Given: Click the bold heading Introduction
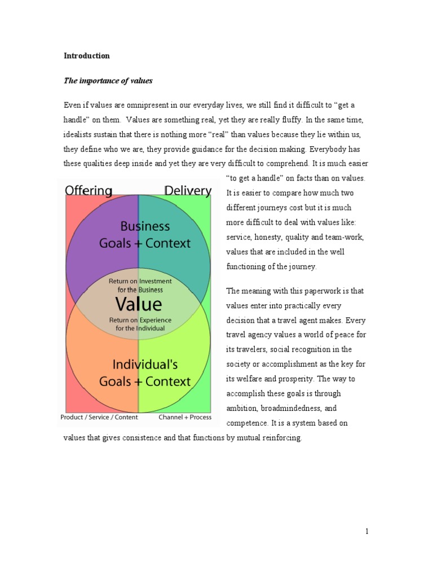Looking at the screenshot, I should (x=86, y=56).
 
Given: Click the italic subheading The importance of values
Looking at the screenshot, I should (x=108, y=81).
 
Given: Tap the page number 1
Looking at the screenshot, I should (x=366, y=531).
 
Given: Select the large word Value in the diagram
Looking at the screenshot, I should (x=139, y=304).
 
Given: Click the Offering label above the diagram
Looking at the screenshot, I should (x=89, y=191).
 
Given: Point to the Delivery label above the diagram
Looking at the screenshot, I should (x=188, y=191).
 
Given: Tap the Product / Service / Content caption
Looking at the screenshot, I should (x=99, y=418).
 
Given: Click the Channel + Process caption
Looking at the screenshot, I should (x=185, y=418).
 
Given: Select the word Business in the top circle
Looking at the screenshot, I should (x=145, y=226).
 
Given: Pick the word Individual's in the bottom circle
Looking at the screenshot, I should (x=145, y=364).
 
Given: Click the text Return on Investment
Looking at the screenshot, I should (x=140, y=281).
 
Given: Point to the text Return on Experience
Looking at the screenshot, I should (x=140, y=319).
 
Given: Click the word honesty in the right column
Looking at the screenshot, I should (x=270, y=237).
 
